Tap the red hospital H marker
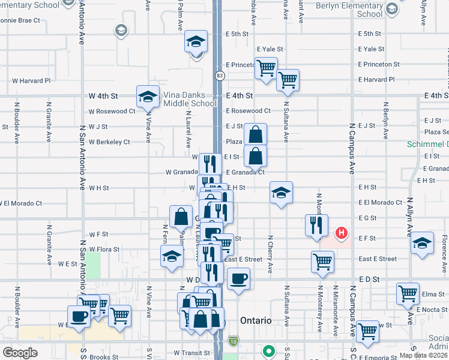[342, 232]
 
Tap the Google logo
[20, 352]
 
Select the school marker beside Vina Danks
[147, 96]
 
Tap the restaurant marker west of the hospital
[316, 226]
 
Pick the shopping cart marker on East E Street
[322, 262]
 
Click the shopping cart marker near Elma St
[408, 294]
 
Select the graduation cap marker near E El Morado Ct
[281, 193]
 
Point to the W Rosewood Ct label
[112, 111]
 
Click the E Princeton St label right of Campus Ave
[379, 64]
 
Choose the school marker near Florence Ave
[422, 242]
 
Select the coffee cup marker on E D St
[238, 279]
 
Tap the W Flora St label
[104, 249]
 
